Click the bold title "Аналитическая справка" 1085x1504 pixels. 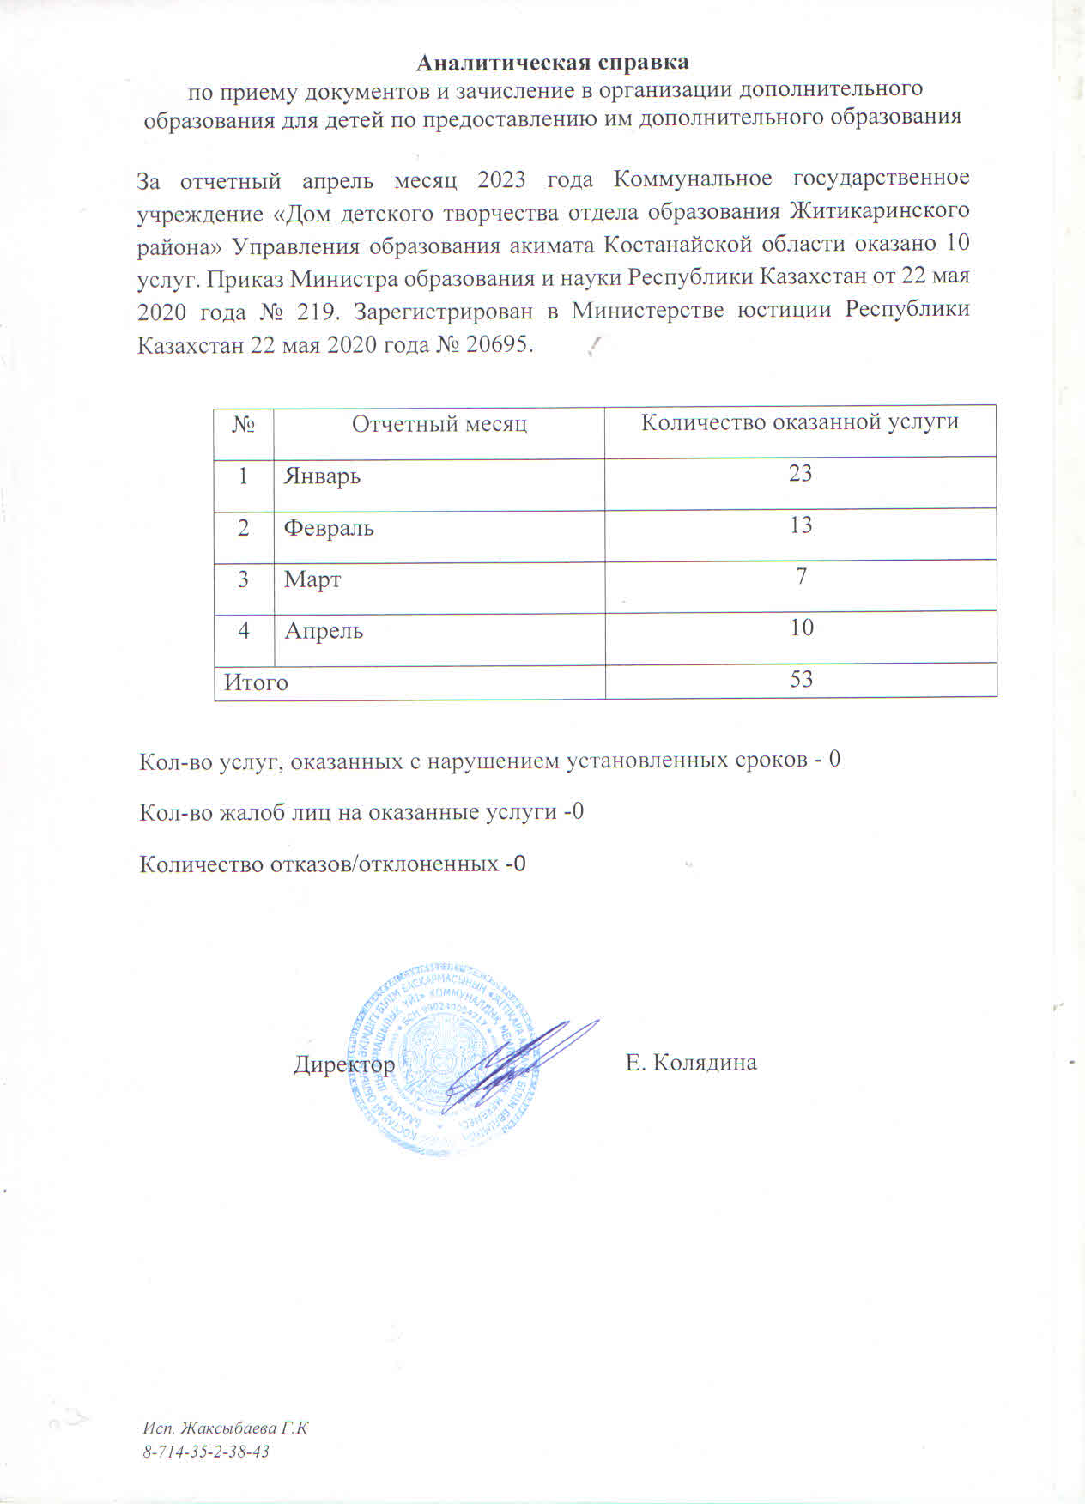[x=552, y=63]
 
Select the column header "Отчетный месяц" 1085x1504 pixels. [x=439, y=423]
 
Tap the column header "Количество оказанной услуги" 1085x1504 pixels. [x=800, y=421]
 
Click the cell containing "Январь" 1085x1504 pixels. [x=322, y=476]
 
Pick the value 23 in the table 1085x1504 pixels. [x=800, y=473]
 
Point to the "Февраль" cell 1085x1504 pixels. [x=329, y=527]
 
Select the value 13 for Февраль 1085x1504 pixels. [x=800, y=525]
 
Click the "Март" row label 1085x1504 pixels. [x=312, y=579]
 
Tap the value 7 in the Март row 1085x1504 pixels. [x=801, y=576]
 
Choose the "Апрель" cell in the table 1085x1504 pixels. [x=324, y=631]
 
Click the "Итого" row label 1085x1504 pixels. [x=256, y=682]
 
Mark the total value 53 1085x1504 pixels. [x=801, y=680]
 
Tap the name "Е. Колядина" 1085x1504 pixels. [x=691, y=1063]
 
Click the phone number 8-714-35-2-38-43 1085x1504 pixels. [x=206, y=1452]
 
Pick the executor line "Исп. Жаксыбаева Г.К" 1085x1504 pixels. [x=225, y=1429]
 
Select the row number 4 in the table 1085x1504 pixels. [x=244, y=630]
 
